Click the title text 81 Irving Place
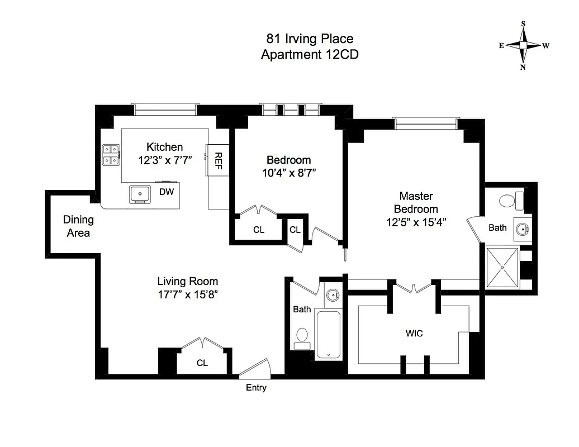(x=309, y=39)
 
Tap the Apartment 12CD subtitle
(x=309, y=54)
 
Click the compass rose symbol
(x=523, y=46)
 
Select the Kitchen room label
(x=164, y=147)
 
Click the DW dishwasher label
(x=167, y=192)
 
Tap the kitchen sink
(x=139, y=193)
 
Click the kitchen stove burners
(x=111, y=155)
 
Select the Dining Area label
(x=78, y=226)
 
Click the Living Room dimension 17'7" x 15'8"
(x=187, y=294)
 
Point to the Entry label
(x=256, y=388)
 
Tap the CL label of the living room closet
(x=202, y=363)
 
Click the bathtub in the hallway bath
(x=328, y=334)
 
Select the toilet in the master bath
(x=510, y=199)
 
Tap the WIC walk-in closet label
(x=414, y=334)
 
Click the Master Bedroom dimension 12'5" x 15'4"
(x=415, y=222)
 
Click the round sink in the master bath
(x=523, y=229)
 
